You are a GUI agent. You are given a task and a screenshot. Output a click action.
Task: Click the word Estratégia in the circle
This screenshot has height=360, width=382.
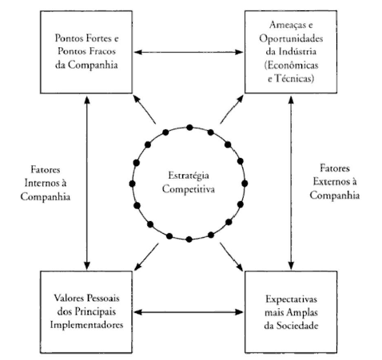[189, 176]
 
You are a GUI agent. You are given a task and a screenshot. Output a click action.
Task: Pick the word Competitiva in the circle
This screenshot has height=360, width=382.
[189, 189]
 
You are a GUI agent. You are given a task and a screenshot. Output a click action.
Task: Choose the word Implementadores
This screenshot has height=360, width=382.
[86, 325]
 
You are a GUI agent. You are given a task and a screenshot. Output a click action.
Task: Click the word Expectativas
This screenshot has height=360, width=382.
[291, 299]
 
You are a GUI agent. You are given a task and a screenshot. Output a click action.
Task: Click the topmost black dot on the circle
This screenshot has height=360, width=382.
[189, 128]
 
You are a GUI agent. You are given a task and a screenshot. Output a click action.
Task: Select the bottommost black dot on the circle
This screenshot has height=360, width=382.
[189, 239]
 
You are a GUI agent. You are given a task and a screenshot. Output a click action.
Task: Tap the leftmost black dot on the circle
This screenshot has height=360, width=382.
[132, 184]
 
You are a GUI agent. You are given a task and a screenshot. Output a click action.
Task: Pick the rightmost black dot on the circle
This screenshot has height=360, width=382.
[245, 184]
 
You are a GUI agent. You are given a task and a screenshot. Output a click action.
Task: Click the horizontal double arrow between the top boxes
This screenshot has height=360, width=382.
[189, 52]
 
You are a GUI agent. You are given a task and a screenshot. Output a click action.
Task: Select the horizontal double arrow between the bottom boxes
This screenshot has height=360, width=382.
[189, 312]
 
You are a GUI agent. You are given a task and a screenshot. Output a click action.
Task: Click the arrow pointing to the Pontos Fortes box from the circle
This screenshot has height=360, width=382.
[144, 109]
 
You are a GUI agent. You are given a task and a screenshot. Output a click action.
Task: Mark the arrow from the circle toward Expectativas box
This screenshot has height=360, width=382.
[231, 256]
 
